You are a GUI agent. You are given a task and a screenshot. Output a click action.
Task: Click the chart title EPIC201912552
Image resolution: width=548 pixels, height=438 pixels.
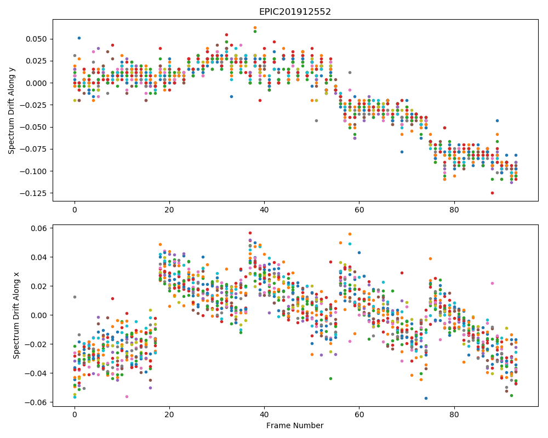point(295,12)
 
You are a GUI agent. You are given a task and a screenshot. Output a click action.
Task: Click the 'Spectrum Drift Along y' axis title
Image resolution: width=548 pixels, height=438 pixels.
point(12,111)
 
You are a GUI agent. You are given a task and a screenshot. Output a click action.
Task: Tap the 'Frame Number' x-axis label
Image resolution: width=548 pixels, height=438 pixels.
point(295,425)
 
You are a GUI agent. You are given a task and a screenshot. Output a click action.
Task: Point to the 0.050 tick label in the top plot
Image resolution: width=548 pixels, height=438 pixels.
point(36,39)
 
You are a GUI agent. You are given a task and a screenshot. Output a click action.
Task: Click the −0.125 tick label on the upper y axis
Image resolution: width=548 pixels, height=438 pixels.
point(33,193)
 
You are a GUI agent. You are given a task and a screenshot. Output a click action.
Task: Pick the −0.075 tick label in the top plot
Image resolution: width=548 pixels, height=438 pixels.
point(33,149)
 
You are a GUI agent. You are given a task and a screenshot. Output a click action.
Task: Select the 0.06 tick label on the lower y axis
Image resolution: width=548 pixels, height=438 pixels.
point(40,228)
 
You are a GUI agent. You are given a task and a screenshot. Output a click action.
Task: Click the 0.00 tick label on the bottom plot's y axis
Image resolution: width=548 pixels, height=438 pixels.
point(40,315)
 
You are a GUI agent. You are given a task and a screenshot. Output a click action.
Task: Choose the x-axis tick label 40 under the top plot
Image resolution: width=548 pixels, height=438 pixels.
point(264,210)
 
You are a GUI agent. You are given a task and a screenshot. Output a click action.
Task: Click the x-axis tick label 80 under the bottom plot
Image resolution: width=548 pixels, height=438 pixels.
point(454,416)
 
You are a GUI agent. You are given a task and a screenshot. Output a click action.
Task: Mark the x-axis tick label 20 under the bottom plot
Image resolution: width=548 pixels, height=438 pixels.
point(169,416)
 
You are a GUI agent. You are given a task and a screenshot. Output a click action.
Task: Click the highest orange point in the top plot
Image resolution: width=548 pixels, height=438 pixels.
point(255,27)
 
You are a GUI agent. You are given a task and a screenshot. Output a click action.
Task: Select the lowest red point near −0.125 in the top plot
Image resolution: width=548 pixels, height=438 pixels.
point(492,193)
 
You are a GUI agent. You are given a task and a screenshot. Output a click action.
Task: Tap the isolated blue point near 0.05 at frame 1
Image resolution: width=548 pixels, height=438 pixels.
point(79,38)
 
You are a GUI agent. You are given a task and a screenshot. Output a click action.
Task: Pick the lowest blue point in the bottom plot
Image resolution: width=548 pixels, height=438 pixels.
point(426,398)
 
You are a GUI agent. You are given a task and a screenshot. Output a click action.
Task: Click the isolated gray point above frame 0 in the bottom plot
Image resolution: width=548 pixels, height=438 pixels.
point(75,297)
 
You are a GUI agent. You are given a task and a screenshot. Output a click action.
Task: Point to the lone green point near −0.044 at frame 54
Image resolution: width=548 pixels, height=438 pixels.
point(330,379)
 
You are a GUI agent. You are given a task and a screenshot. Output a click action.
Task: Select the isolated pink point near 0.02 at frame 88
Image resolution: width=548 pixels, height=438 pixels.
point(492,283)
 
